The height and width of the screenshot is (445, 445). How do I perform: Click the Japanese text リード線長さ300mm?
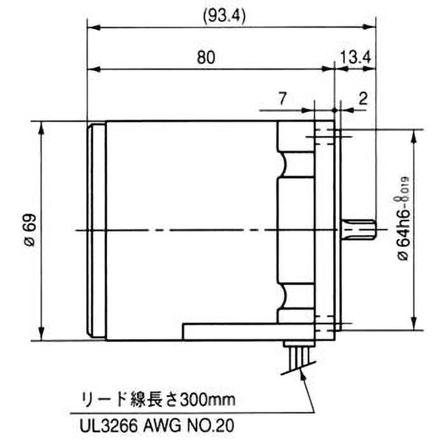click(x=159, y=399)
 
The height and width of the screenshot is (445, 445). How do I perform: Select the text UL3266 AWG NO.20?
click(x=159, y=427)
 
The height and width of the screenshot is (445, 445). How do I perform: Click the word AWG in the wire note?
click(x=164, y=427)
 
